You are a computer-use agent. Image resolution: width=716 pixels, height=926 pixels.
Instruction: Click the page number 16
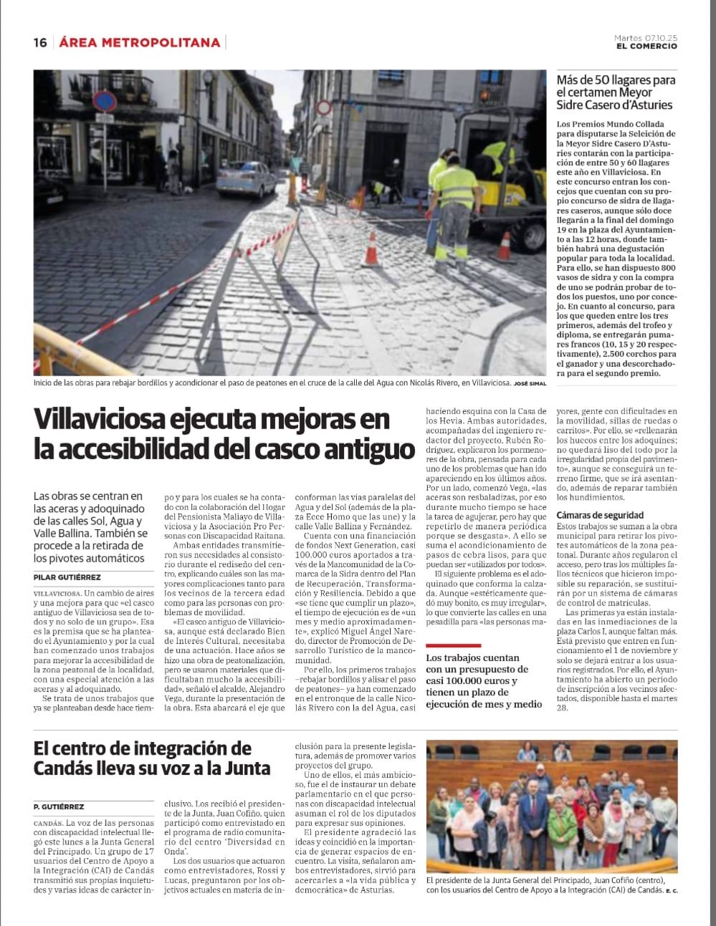click(x=40, y=43)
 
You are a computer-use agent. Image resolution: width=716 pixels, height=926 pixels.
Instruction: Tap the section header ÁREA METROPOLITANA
click(x=140, y=43)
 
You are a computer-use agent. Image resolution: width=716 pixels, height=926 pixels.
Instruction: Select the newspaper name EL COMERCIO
click(x=646, y=47)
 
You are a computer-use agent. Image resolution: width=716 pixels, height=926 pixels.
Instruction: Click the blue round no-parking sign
click(x=105, y=102)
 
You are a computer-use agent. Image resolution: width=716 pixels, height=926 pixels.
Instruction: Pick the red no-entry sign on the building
click(x=324, y=108)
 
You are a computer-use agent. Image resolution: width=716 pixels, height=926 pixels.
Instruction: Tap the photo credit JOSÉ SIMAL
click(x=530, y=384)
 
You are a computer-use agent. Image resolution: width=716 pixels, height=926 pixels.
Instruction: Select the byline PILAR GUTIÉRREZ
click(x=67, y=577)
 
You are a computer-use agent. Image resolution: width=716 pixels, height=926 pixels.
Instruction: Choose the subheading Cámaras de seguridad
click(x=600, y=515)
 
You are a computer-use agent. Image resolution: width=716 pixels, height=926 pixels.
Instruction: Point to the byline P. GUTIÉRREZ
click(x=59, y=806)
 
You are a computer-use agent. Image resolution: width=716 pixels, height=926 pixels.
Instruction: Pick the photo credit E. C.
click(x=671, y=891)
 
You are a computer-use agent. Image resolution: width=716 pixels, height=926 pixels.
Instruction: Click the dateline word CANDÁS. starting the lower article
click(x=47, y=824)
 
